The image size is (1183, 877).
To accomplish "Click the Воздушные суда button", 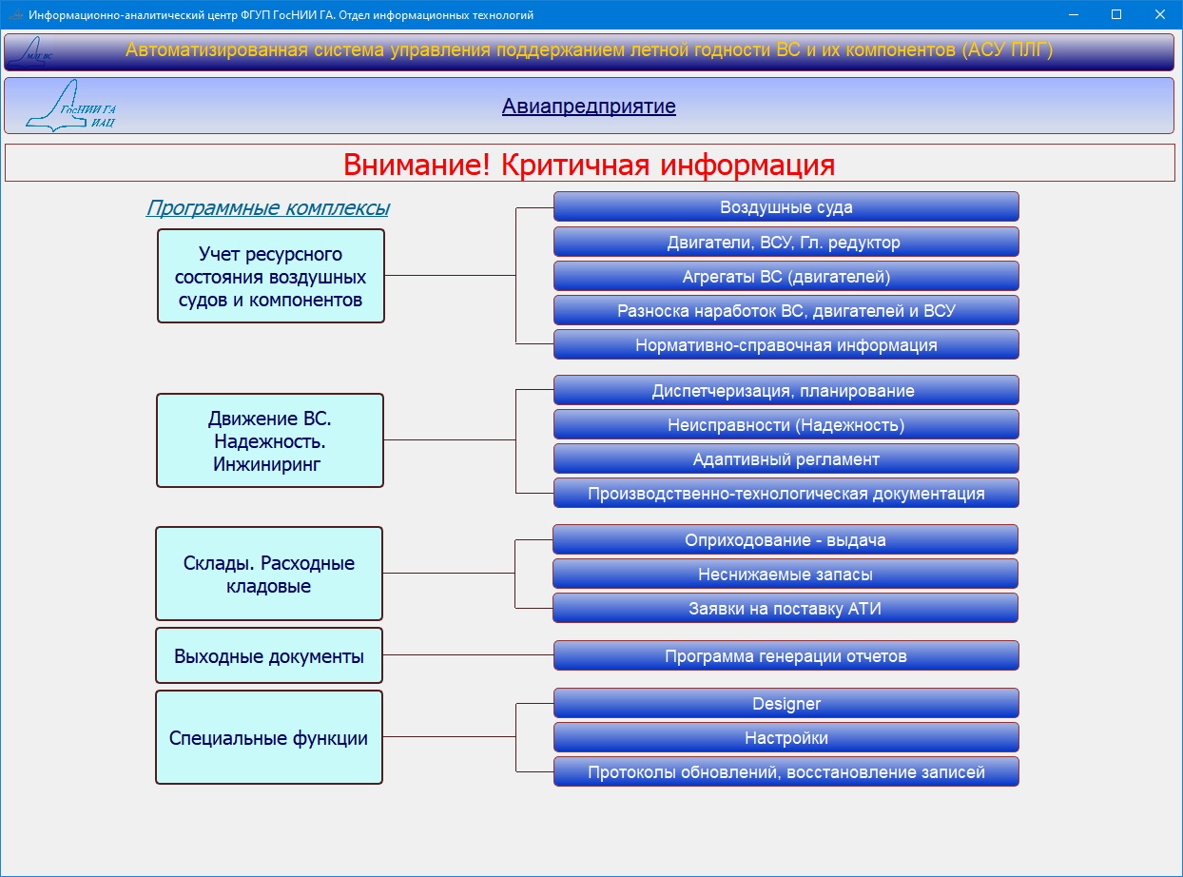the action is tap(786, 207).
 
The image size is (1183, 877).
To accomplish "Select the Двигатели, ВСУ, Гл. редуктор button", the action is tap(786, 243).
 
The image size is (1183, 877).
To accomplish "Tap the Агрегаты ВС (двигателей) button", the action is tap(786, 277).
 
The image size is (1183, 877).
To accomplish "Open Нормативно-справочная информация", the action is tap(786, 344).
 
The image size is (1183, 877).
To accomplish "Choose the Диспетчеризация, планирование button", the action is tap(786, 391).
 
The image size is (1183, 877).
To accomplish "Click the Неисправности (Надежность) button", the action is tap(786, 424).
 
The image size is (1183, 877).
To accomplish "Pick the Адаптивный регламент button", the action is tap(786, 458).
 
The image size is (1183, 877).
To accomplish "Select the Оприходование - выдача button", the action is tap(785, 540).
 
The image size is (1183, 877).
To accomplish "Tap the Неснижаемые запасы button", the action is tap(785, 574).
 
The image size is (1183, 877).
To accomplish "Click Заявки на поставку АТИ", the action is tap(785, 608).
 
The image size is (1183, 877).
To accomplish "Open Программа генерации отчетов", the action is tap(786, 655).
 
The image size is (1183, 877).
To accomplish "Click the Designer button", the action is tap(786, 703).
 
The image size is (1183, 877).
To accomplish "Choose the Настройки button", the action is tap(786, 737).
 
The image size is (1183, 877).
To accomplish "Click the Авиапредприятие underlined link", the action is tap(589, 107).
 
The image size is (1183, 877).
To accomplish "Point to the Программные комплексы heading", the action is tap(268, 207).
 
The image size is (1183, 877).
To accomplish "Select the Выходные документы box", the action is tap(269, 655).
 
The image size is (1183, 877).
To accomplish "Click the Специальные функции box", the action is tap(269, 737).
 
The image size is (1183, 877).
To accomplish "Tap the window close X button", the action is tap(1159, 14).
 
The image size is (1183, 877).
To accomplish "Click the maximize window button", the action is tap(1116, 14).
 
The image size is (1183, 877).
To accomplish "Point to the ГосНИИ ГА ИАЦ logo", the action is tap(71, 106).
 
